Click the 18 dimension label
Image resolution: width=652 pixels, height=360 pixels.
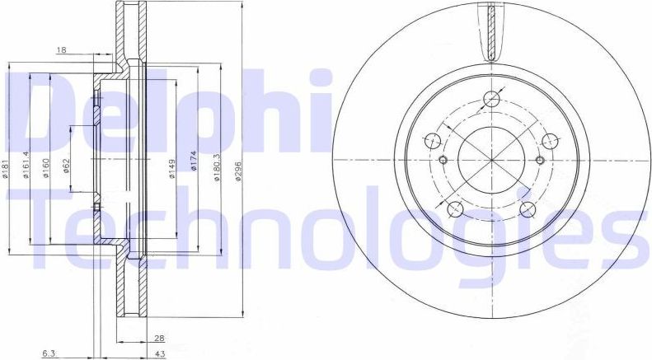61,51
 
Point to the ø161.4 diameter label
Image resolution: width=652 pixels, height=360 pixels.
27,165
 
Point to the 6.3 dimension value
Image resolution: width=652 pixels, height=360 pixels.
49,353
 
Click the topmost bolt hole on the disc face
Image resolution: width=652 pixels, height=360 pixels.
491,100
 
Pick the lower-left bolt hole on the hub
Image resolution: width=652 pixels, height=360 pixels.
455,207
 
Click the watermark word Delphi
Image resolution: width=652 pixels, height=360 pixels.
165,107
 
